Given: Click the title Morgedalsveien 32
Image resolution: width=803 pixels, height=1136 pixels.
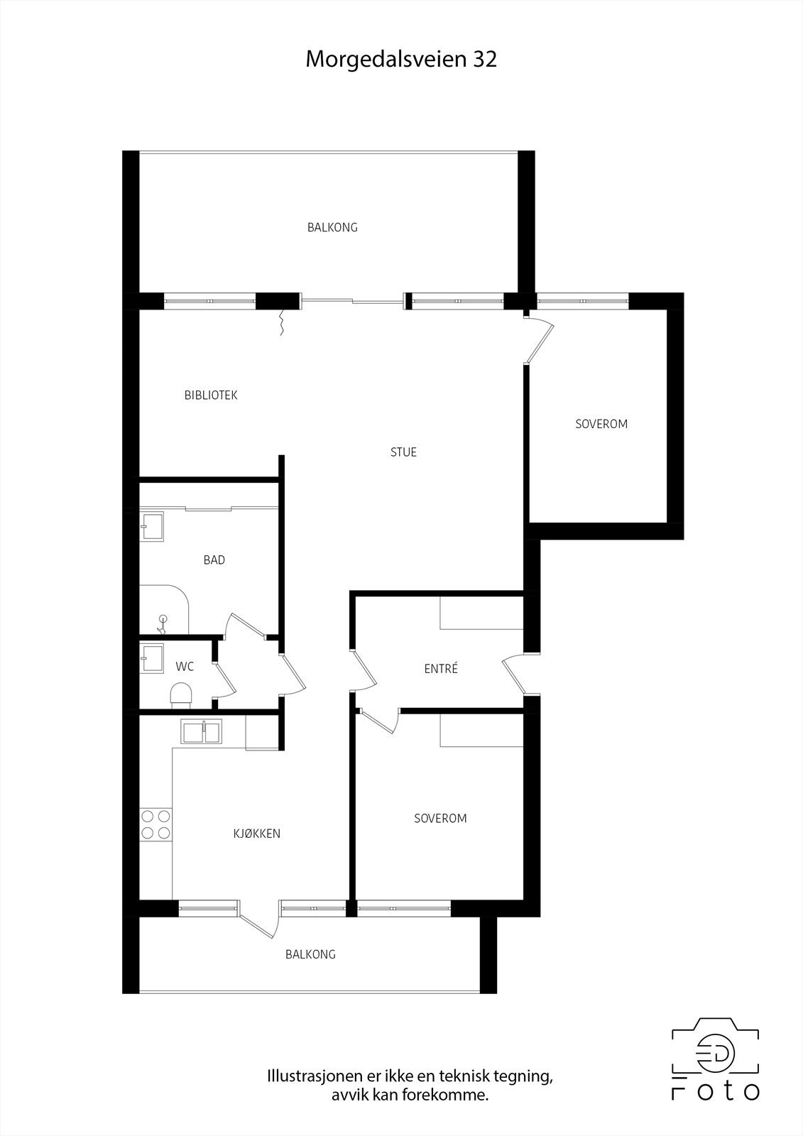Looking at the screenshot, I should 401,60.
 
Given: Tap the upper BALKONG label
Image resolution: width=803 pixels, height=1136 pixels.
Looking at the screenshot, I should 332,228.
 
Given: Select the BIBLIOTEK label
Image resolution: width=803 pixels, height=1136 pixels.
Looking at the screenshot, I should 211,395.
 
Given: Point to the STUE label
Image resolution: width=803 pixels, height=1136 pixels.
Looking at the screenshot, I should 403,452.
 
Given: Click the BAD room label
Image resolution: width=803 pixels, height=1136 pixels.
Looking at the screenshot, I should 214,560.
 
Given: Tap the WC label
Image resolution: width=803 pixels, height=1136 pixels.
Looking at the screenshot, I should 185,667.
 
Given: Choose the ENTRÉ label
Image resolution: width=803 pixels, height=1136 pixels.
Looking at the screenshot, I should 441,669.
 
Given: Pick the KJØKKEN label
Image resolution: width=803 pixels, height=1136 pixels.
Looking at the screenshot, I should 257,834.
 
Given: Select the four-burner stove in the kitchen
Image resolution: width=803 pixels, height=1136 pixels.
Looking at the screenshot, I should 155,824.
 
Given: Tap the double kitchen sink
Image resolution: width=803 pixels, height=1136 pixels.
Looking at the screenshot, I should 202,731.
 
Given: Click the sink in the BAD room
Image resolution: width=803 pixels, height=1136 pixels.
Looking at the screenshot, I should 152,526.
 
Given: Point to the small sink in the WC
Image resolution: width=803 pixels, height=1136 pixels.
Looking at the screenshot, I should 152,657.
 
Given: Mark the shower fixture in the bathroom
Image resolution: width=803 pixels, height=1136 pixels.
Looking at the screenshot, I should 163,623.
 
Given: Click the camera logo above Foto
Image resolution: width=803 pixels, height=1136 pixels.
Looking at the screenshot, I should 715,1054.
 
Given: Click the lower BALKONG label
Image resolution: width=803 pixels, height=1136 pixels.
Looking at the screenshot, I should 310,954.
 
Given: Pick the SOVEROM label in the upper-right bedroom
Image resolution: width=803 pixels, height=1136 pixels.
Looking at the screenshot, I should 601,424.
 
